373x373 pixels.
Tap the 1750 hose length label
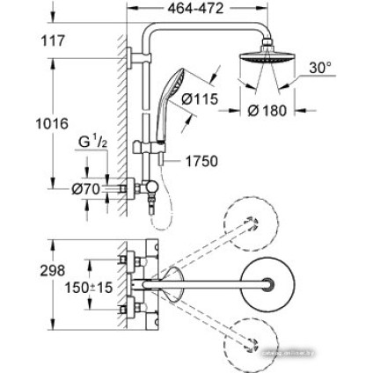point(202,162)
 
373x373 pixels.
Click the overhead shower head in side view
point(271,69)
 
